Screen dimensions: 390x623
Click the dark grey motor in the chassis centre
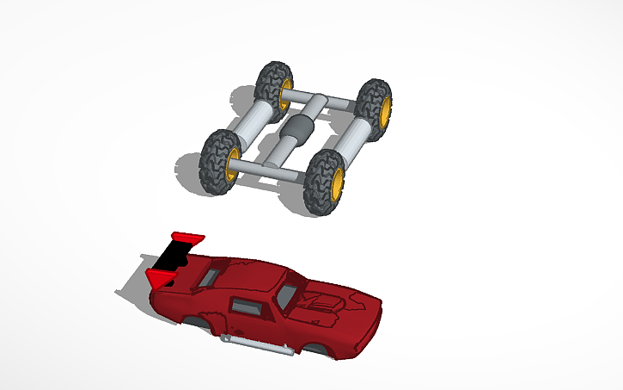pos(297,133)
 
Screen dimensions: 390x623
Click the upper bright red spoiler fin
pos(188,235)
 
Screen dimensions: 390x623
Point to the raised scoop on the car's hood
pos(326,300)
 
